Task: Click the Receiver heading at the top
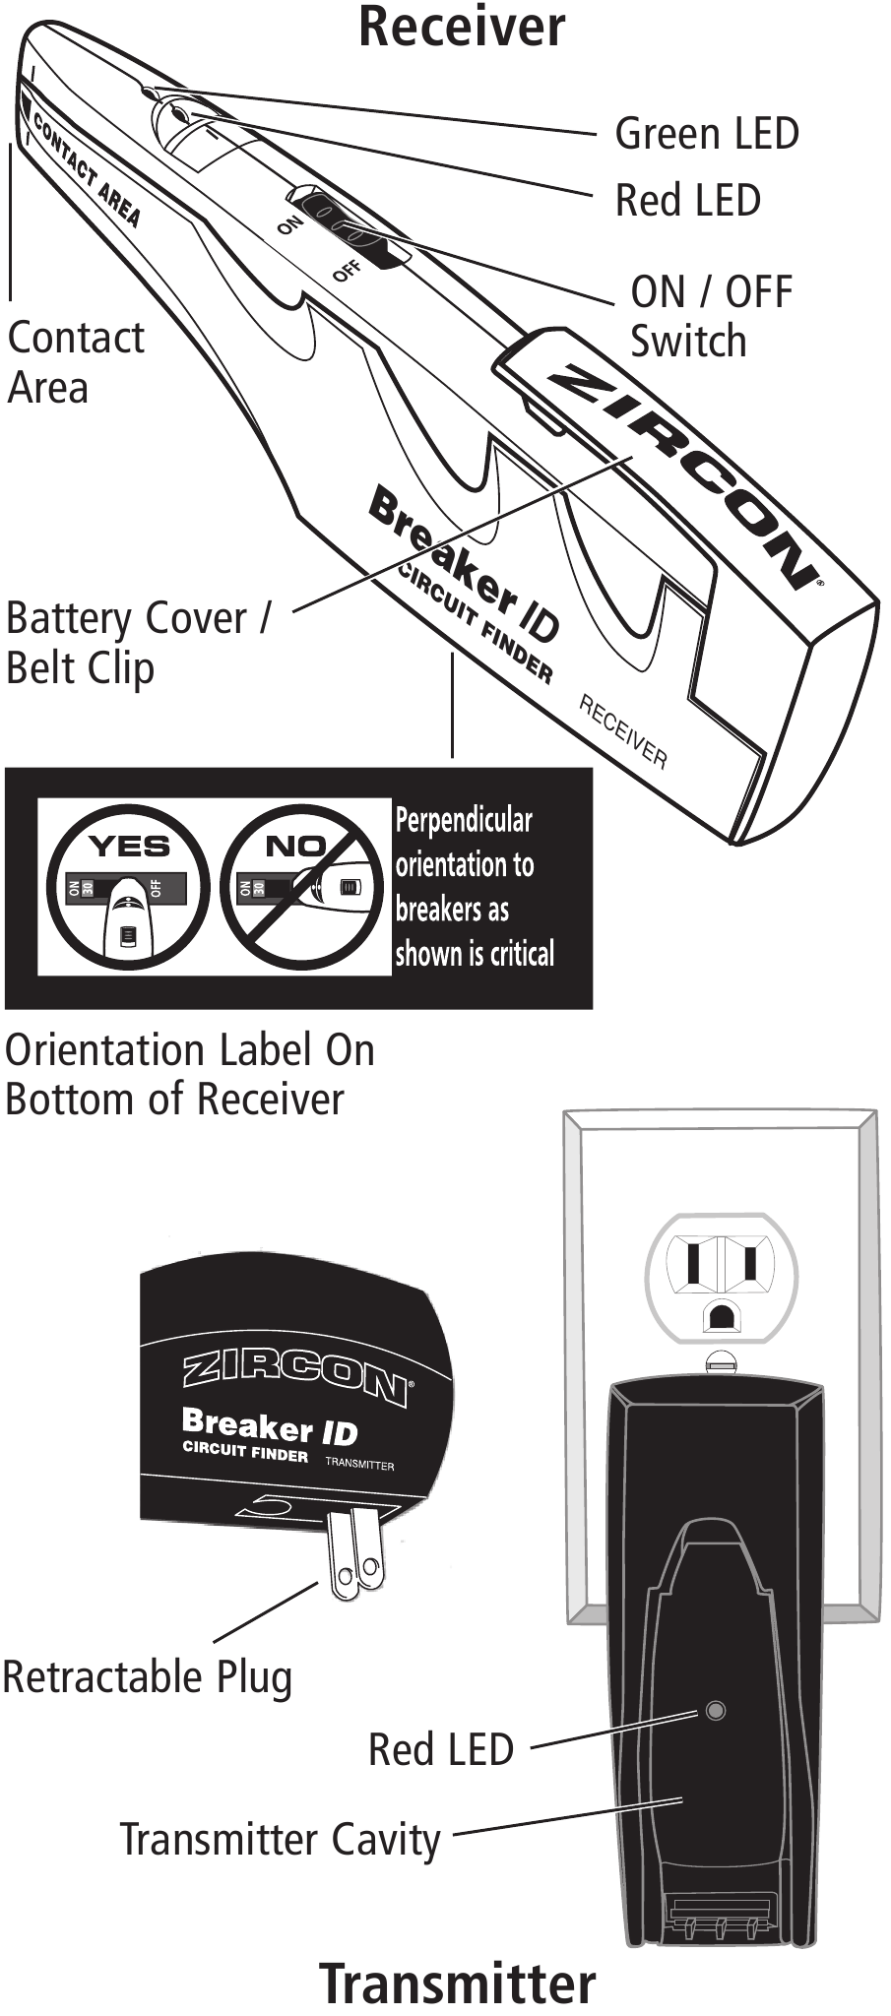(x=462, y=27)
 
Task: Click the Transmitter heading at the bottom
(x=458, y=1983)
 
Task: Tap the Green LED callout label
(x=706, y=134)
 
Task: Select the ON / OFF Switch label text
(x=711, y=316)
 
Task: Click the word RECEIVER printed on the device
(x=622, y=731)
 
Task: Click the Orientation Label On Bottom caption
(x=189, y=1074)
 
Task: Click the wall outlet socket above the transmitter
(x=721, y=1276)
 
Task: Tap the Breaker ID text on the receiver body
(x=463, y=571)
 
